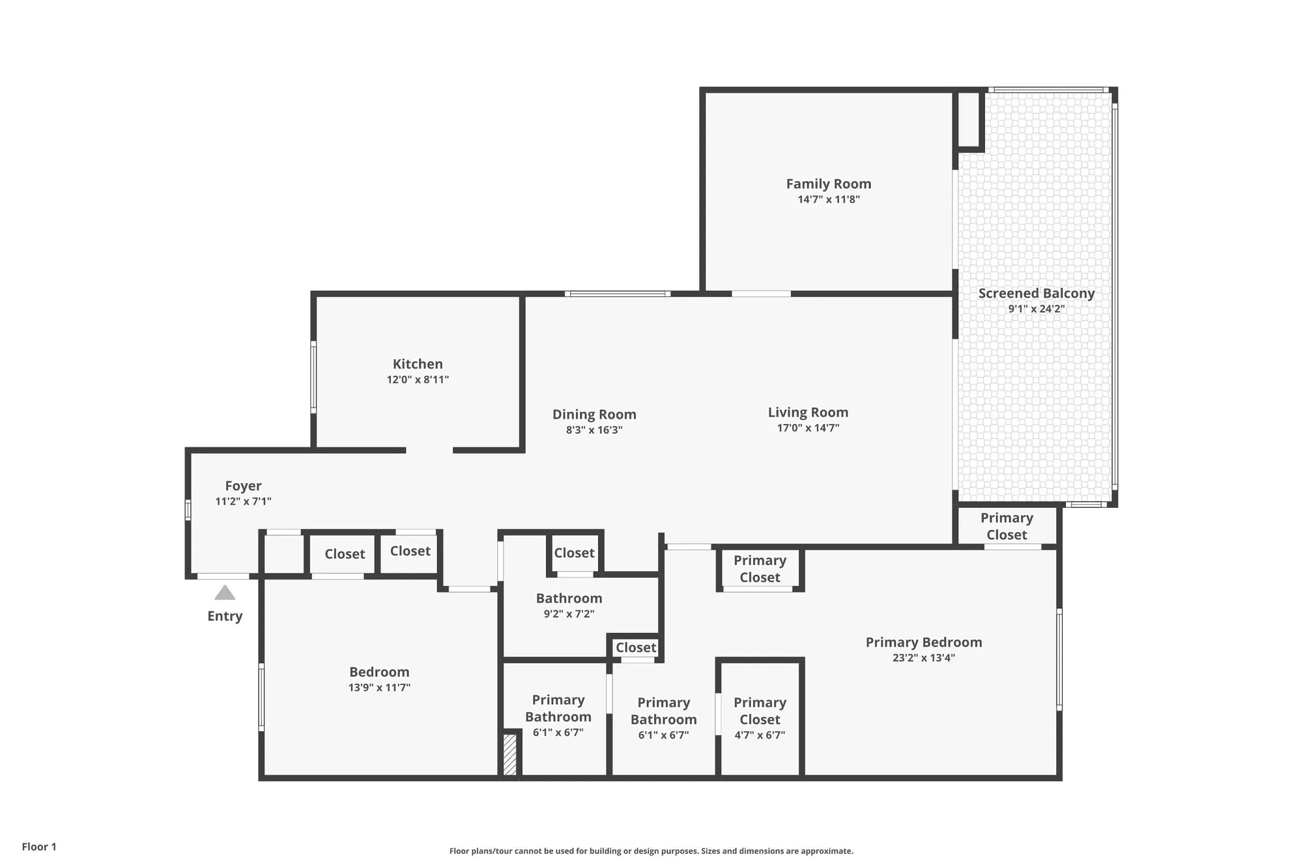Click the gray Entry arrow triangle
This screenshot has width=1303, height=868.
pyautogui.click(x=225, y=593)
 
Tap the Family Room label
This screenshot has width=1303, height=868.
pyautogui.click(x=828, y=184)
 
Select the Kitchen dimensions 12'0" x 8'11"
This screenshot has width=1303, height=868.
pyautogui.click(x=418, y=380)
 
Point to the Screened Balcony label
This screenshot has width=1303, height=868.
pyautogui.click(x=1036, y=294)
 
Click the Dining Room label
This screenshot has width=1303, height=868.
pyautogui.click(x=594, y=414)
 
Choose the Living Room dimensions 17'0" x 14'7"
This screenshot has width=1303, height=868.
pyautogui.click(x=808, y=428)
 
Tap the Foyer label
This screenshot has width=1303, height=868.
pyautogui.click(x=243, y=486)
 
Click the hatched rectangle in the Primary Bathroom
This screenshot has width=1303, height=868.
pyautogui.click(x=510, y=754)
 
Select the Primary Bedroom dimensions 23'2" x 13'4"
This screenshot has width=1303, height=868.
pyautogui.click(x=923, y=658)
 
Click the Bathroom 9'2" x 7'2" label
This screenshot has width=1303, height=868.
pyautogui.click(x=569, y=598)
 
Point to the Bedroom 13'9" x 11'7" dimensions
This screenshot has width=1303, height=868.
pyautogui.click(x=379, y=688)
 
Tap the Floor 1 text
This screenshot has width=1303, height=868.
pyautogui.click(x=39, y=847)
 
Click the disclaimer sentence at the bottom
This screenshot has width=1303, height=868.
pyautogui.click(x=651, y=851)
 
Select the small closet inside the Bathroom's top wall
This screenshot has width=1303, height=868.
pyautogui.click(x=574, y=553)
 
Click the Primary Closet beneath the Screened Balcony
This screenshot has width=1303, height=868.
pyautogui.click(x=1006, y=526)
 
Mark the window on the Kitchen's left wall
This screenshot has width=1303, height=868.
pyautogui.click(x=313, y=377)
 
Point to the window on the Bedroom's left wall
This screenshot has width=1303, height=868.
pyautogui.click(x=262, y=696)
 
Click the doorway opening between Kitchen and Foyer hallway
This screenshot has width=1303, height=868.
pyautogui.click(x=429, y=450)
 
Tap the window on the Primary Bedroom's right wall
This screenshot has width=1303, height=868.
pyautogui.click(x=1059, y=659)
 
